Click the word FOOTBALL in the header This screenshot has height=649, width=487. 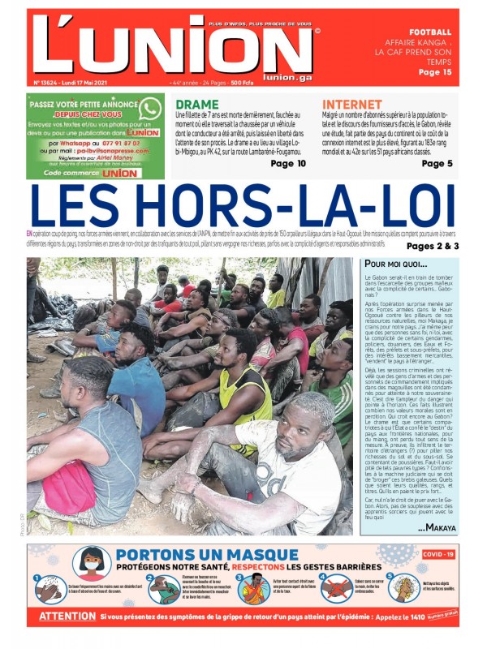click(430, 32)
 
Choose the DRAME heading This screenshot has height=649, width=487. click(196, 105)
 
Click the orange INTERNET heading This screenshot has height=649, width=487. click(351, 105)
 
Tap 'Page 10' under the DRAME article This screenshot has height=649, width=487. click(288, 163)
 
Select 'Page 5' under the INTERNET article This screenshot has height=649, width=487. click(437, 163)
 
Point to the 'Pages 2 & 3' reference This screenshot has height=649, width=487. click(433, 246)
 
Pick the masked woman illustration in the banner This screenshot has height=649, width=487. click(92, 562)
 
